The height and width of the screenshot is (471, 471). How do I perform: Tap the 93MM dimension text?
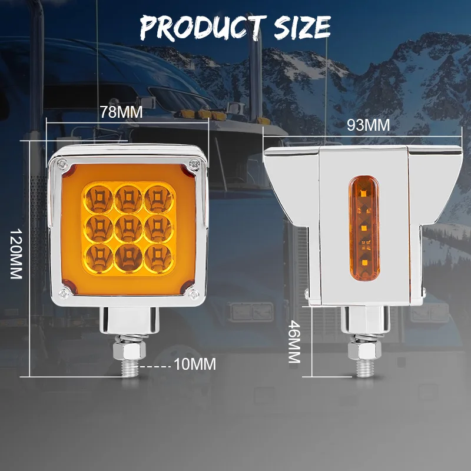(369, 125)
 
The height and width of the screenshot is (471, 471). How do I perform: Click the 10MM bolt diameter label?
(195, 364)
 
